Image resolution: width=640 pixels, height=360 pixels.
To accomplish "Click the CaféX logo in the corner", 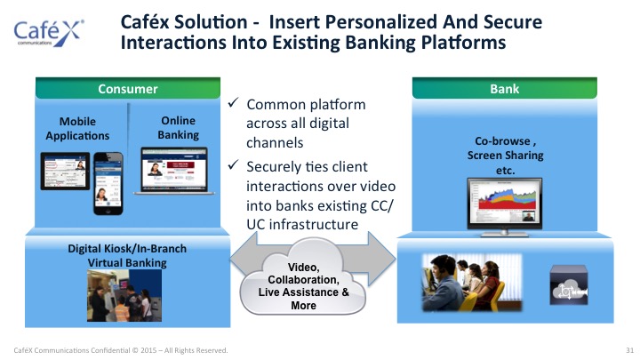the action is pyautogui.click(x=49, y=33).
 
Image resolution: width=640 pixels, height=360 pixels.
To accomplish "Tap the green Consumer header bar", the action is pyautogui.click(x=128, y=88).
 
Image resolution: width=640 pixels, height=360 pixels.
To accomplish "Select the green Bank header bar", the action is pyautogui.click(x=505, y=88).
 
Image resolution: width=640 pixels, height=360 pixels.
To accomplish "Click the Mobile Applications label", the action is pyautogui.click(x=77, y=128).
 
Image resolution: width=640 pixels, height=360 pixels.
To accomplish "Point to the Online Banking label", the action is pyautogui.click(x=178, y=127).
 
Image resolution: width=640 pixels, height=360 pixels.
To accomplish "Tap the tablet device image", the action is pyautogui.click(x=65, y=171).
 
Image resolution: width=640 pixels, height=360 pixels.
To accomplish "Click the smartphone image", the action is pyautogui.click(x=108, y=183).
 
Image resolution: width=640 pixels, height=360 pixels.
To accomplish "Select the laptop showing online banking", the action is pyautogui.click(x=174, y=171).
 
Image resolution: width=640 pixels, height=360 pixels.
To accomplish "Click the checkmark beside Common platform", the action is pyautogui.click(x=233, y=102).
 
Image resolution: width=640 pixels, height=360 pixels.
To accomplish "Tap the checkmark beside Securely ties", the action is pyautogui.click(x=233, y=165).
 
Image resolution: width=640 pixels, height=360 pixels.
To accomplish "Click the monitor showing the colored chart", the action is pyautogui.click(x=505, y=207).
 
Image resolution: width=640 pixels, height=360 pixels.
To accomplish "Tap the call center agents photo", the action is pyautogui.click(x=472, y=283).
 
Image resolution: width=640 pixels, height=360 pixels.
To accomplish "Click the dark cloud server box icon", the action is pyautogui.click(x=569, y=285).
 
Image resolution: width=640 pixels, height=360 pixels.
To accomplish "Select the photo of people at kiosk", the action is pyautogui.click(x=124, y=295).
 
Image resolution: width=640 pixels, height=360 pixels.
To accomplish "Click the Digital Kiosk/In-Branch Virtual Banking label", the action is pyautogui.click(x=127, y=255).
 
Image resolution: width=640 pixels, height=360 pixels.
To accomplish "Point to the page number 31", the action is pyautogui.click(x=630, y=350).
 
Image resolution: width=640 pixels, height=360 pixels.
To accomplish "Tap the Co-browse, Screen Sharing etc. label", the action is pyautogui.click(x=505, y=155).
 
